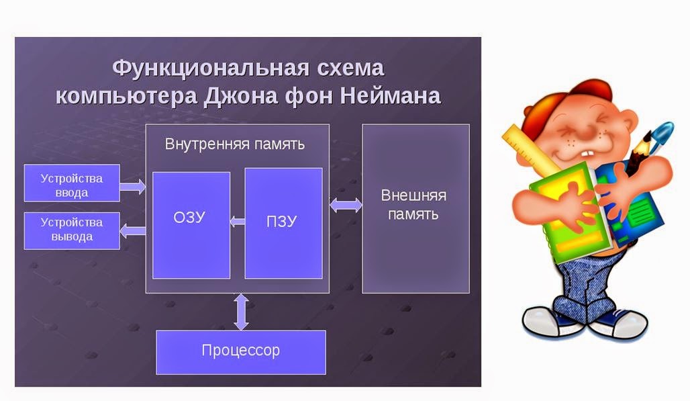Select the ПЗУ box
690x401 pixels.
(283, 223)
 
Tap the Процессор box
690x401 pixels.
(240, 351)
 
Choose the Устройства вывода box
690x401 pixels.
(72, 230)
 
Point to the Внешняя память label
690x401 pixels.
(414, 206)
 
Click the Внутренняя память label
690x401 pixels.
(235, 144)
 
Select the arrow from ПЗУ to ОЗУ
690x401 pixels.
(237, 220)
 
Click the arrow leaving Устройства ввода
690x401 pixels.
(133, 186)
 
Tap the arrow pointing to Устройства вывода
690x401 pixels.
(133, 231)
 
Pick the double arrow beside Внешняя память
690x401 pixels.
(346, 205)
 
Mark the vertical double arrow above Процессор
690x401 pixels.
(240, 311)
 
